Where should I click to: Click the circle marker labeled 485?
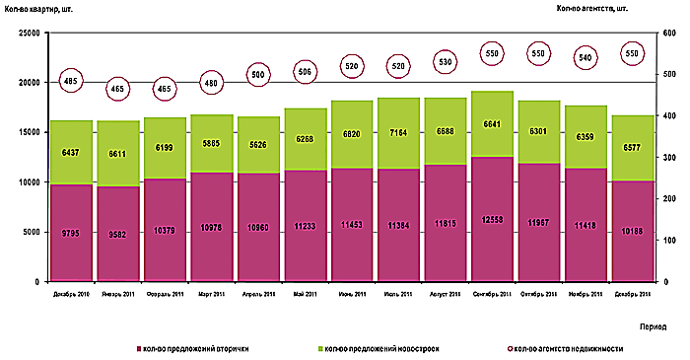[x=70, y=80]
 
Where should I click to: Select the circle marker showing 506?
[x=306, y=71]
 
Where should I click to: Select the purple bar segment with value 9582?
[x=116, y=234]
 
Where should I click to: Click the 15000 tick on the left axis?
[x=26, y=132]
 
